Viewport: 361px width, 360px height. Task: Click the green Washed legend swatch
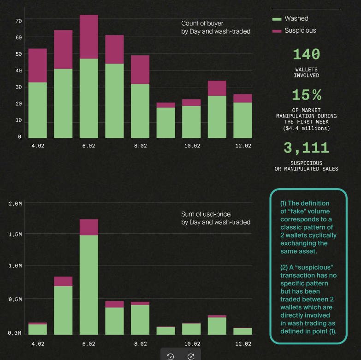277,19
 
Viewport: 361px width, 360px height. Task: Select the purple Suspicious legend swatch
277,31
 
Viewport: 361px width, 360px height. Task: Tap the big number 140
307,54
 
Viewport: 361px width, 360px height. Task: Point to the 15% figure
307,95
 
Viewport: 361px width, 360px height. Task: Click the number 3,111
307,148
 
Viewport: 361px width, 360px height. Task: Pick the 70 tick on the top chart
18,21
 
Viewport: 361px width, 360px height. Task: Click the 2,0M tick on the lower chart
15,204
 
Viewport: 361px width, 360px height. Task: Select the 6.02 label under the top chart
89,146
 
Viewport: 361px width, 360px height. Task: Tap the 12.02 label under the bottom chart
243,344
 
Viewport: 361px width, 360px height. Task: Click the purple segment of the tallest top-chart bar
89,37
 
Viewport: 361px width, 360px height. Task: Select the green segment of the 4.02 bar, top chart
37,110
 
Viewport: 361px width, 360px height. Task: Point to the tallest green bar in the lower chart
89,285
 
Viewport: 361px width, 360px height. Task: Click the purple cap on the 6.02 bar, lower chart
89,227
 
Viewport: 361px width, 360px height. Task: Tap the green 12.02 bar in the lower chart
243,331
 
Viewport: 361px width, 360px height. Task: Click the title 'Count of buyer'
202,24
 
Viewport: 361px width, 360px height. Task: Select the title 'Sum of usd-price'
206,214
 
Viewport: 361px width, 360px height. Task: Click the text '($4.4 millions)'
307,128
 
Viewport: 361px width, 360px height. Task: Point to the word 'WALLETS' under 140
307,70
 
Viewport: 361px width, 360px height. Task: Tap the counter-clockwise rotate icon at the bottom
171,357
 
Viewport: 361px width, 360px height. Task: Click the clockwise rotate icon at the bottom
191,357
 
